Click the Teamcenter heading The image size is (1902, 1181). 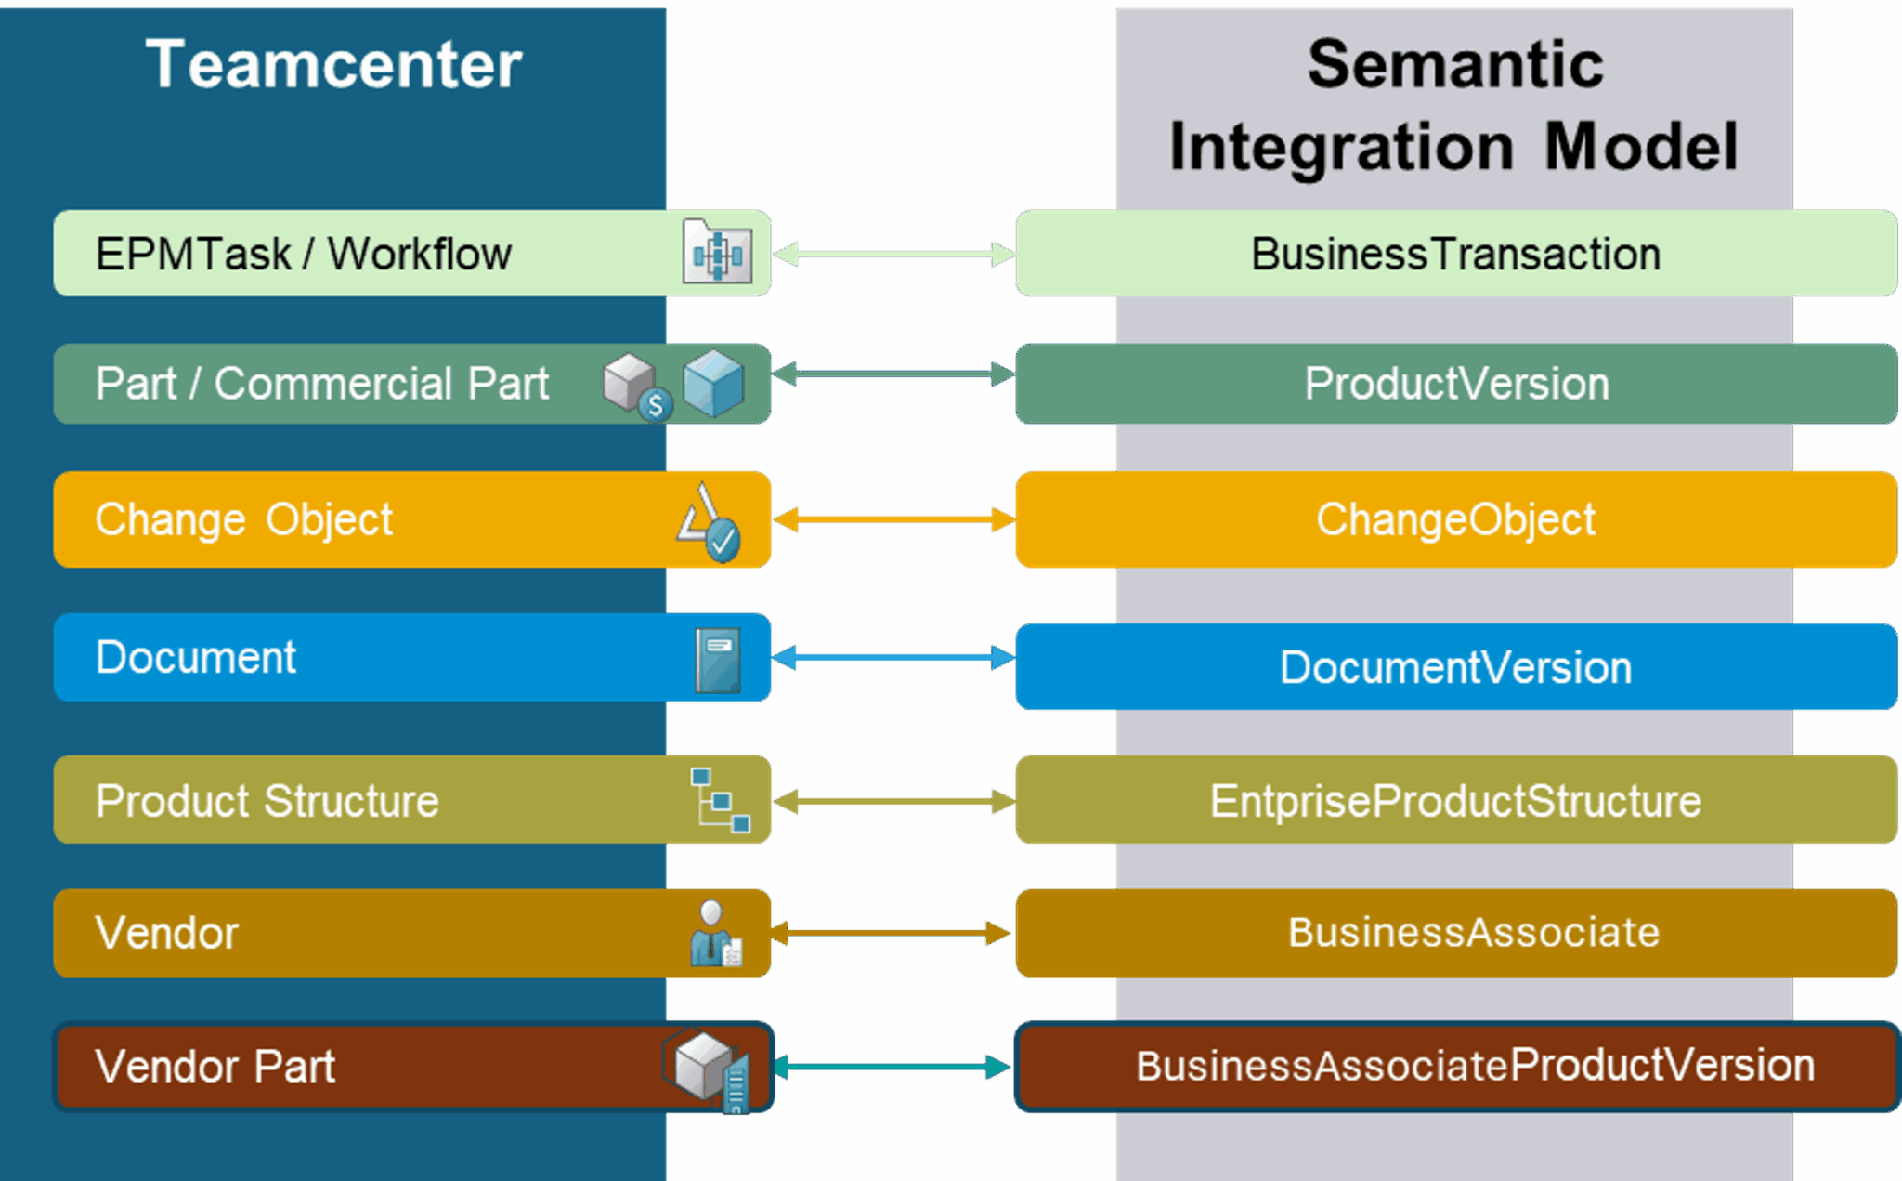coord(334,65)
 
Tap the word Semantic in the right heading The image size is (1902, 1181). coord(1454,65)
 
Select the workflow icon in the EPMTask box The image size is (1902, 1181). coord(717,253)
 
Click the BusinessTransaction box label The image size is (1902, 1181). coord(1455,254)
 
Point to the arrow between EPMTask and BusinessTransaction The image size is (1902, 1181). coord(893,254)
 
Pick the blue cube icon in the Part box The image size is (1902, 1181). coord(713,382)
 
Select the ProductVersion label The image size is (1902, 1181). coord(1456,384)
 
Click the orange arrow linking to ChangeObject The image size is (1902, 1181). coord(893,519)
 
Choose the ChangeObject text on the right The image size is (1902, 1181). coord(1455,519)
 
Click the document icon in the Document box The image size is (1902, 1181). coord(718,660)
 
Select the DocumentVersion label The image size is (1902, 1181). coord(1455,667)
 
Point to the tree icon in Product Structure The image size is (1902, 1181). coord(720,800)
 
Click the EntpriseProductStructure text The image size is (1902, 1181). coord(1455,801)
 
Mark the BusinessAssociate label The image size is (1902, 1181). coord(1473,932)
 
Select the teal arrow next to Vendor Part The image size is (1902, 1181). coord(893,1067)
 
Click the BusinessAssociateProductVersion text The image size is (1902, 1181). coord(1475,1066)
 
